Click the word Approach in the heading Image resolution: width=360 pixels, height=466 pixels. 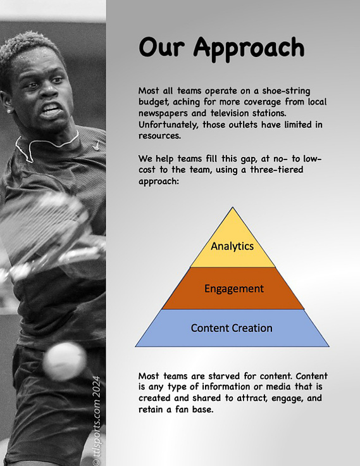(x=249, y=49)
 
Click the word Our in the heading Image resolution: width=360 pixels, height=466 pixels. (x=161, y=47)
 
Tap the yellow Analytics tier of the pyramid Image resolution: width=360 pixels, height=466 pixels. (x=233, y=244)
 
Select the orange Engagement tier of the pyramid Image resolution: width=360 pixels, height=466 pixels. (x=233, y=288)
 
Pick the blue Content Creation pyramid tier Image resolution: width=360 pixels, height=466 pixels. (x=232, y=328)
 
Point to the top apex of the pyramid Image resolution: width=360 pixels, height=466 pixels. (x=233, y=207)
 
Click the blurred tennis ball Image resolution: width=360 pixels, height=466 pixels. (x=64, y=361)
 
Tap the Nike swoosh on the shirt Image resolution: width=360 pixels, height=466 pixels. (x=96, y=146)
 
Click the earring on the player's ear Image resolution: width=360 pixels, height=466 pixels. (x=9, y=111)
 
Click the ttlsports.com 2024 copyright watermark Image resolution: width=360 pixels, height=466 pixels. (x=96, y=420)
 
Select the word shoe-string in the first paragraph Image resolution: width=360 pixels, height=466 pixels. (x=286, y=91)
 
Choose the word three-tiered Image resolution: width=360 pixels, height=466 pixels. (x=276, y=170)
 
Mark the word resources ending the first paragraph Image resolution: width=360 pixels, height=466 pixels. (x=159, y=136)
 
